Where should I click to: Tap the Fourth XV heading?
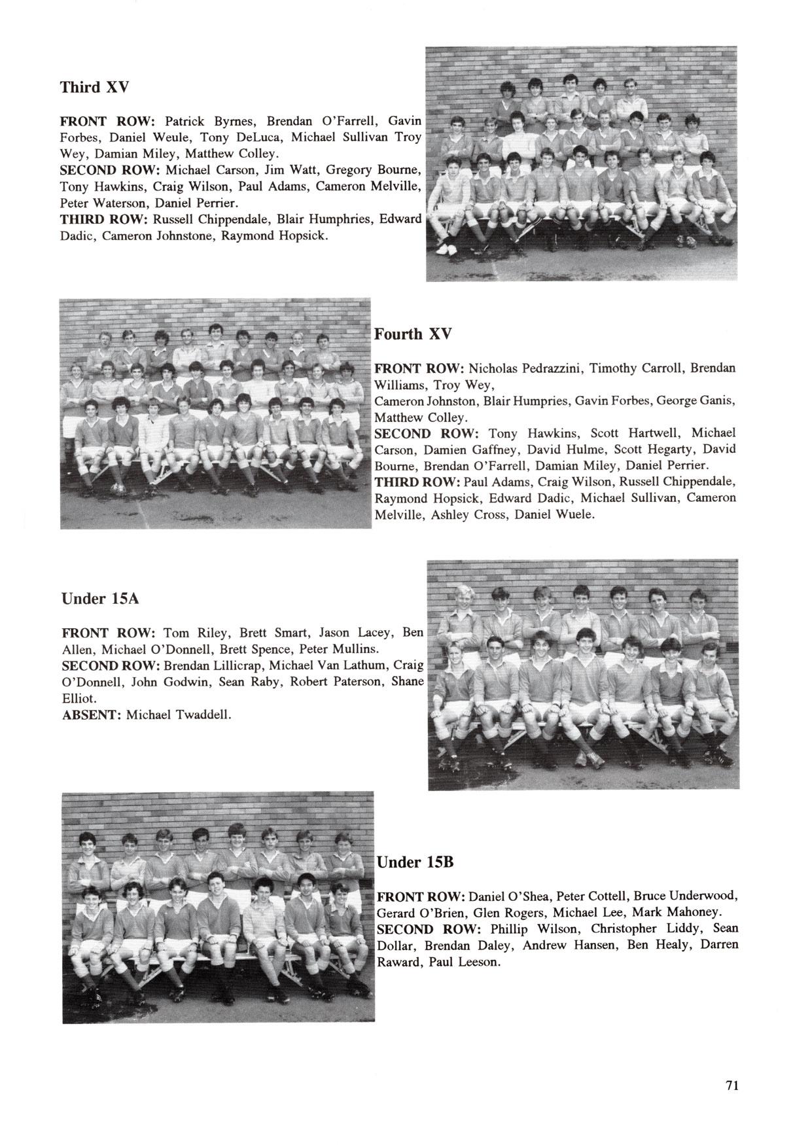pos(412,334)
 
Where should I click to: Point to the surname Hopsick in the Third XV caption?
pos(298,235)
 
